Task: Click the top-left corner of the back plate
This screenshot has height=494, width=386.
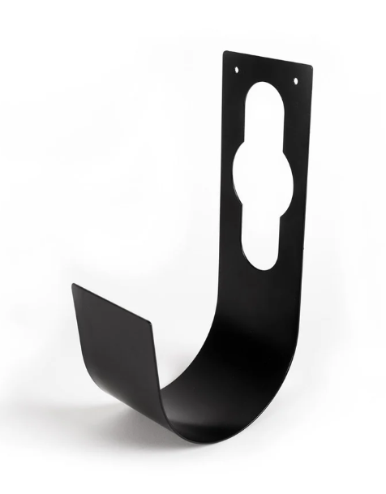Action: point(225,53)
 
